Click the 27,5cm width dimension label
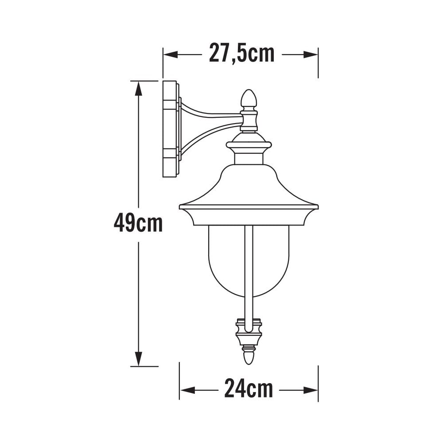coord(241,54)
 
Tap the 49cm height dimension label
coord(138,223)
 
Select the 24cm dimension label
coord(248,389)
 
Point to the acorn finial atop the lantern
coord(249,99)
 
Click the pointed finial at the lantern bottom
coord(249,356)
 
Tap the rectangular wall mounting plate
coord(170,128)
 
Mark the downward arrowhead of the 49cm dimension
coord(138,358)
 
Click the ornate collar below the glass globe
coord(249,332)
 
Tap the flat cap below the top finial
coord(249,145)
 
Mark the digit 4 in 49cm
coord(119,223)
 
